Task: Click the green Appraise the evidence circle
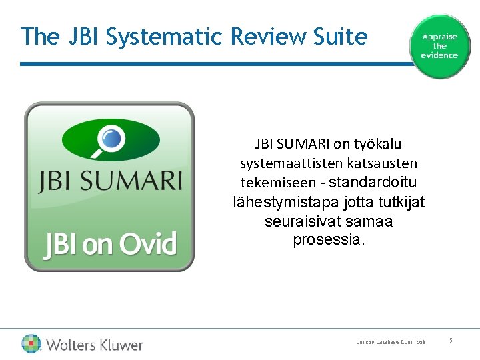439,46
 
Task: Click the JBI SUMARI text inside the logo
110,181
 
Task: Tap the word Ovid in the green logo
147,245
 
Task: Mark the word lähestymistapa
285,202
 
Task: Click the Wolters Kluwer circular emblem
31,344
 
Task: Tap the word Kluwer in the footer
117,345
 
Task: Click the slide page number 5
451,341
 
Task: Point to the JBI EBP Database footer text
391,342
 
